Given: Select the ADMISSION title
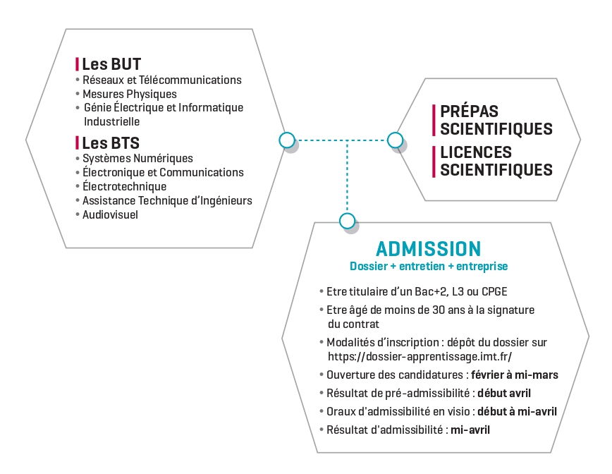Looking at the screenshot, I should pyautogui.click(x=429, y=248).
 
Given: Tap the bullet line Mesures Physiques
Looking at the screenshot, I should pyautogui.click(x=129, y=94).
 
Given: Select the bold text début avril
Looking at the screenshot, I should pyautogui.click(x=503, y=393).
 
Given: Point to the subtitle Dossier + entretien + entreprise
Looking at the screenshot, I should pyautogui.click(x=429, y=267).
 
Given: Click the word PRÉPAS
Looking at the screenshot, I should pyautogui.click(x=469, y=112).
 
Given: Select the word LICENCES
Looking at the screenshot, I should pyautogui.click(x=476, y=152).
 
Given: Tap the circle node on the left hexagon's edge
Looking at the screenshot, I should pyautogui.click(x=286, y=140).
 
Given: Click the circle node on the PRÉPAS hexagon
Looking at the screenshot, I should pyautogui.click(x=395, y=140).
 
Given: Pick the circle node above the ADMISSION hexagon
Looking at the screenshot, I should pyautogui.click(x=347, y=221).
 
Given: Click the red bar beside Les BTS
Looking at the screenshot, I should pyautogui.click(x=77, y=143).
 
